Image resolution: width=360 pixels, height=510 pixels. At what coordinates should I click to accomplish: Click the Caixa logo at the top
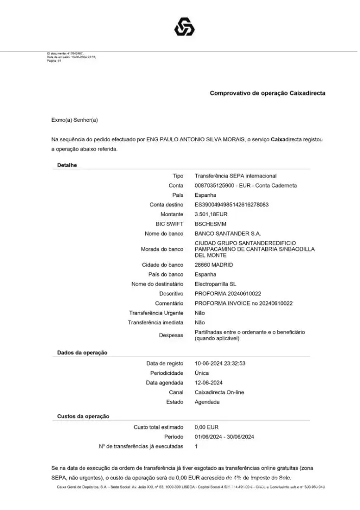coord(184,27)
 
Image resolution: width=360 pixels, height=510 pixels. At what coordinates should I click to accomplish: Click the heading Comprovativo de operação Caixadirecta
coord(267,93)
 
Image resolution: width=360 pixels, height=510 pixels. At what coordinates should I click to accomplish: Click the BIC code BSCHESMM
coord(210,224)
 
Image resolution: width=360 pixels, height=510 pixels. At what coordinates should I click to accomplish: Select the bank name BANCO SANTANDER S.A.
coord(228,234)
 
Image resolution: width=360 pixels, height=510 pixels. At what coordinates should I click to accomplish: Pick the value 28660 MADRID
coord(214,265)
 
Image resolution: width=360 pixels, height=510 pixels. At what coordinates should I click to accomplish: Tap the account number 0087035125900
coord(215,186)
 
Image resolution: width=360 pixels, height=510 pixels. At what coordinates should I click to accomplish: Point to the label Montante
coord(172,214)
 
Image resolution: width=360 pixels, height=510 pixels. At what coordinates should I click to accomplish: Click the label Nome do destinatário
coord(157,284)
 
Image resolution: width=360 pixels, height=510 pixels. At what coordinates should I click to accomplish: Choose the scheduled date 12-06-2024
coord(209,383)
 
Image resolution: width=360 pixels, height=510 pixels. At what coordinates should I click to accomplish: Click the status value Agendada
coord(207,402)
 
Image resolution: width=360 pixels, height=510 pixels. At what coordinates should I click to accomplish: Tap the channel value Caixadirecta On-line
coord(219,392)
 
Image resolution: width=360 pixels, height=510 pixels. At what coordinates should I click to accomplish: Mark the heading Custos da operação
coord(83,417)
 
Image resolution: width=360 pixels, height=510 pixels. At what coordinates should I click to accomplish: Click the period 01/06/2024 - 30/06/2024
coord(224,437)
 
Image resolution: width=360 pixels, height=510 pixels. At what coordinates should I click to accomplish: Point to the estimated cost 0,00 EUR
coord(207,427)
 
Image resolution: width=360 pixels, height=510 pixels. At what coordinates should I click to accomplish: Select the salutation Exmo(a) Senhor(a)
coord(74,120)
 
